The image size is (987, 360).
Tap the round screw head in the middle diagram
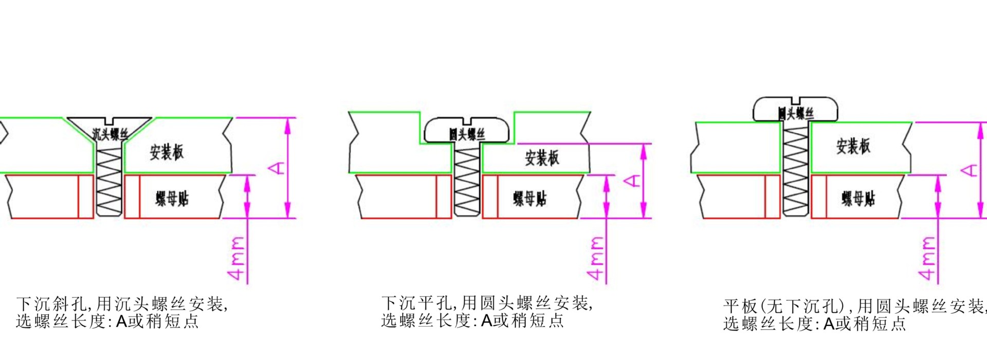466,132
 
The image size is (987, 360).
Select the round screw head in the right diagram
795,111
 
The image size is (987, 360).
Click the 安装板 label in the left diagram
167,152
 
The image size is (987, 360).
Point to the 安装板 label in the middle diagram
542,158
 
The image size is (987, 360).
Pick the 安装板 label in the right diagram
853,147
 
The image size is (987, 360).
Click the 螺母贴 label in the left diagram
172,198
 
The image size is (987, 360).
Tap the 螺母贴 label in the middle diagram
529,198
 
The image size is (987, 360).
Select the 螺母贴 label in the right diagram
858,198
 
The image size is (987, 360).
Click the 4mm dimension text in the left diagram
237,258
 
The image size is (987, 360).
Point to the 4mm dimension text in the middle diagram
596,258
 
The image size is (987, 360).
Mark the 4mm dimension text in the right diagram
928,258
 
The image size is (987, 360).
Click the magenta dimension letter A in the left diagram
278,168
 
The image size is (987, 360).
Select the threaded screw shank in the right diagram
795,170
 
